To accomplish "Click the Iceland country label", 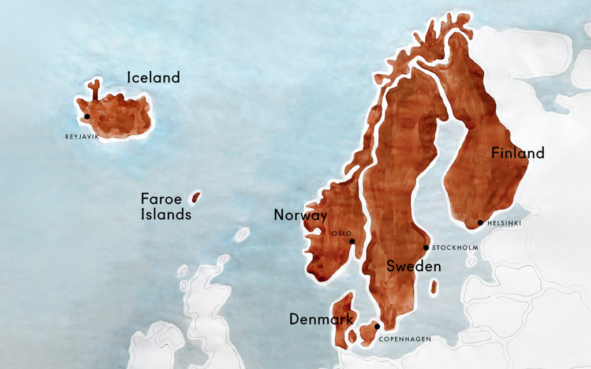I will click(x=154, y=77).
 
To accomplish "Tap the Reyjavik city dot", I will click(x=87, y=116).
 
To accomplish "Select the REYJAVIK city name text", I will click(x=83, y=137).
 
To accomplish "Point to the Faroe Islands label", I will click(x=166, y=207).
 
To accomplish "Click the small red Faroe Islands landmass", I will click(x=196, y=198).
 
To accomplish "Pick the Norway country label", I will click(x=301, y=216).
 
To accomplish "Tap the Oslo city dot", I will click(x=352, y=242).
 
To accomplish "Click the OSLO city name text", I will click(x=342, y=234).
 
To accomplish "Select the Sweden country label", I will click(x=414, y=266).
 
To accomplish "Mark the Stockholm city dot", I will click(x=427, y=248).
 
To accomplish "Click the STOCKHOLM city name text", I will click(x=456, y=248).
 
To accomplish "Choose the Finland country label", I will click(x=518, y=153).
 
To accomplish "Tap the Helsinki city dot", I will click(x=480, y=223).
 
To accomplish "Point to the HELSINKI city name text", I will click(x=504, y=223).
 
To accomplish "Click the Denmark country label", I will click(x=321, y=319).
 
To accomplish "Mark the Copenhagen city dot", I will click(x=377, y=326).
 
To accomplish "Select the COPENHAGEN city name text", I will click(x=405, y=339).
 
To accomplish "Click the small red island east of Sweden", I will click(x=433, y=287).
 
